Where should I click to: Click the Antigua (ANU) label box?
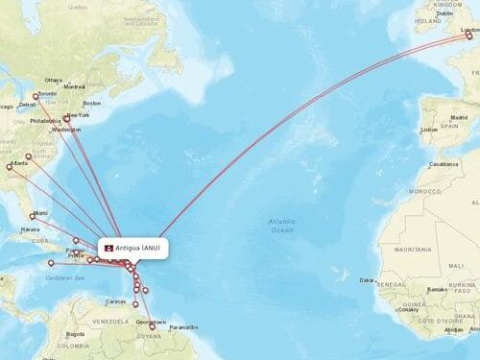(135, 248)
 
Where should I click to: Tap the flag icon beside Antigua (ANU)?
(108, 248)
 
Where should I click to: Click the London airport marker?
(469, 36)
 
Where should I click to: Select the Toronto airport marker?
(36, 95)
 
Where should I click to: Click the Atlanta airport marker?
(10, 167)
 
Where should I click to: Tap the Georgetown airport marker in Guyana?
(152, 327)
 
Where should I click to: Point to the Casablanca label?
(444, 164)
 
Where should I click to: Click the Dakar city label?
(367, 280)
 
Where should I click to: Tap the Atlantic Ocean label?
(282, 227)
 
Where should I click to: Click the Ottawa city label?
(53, 80)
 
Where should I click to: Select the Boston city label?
(92, 103)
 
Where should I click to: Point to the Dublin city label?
(444, 13)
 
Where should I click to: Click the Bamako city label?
(439, 287)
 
